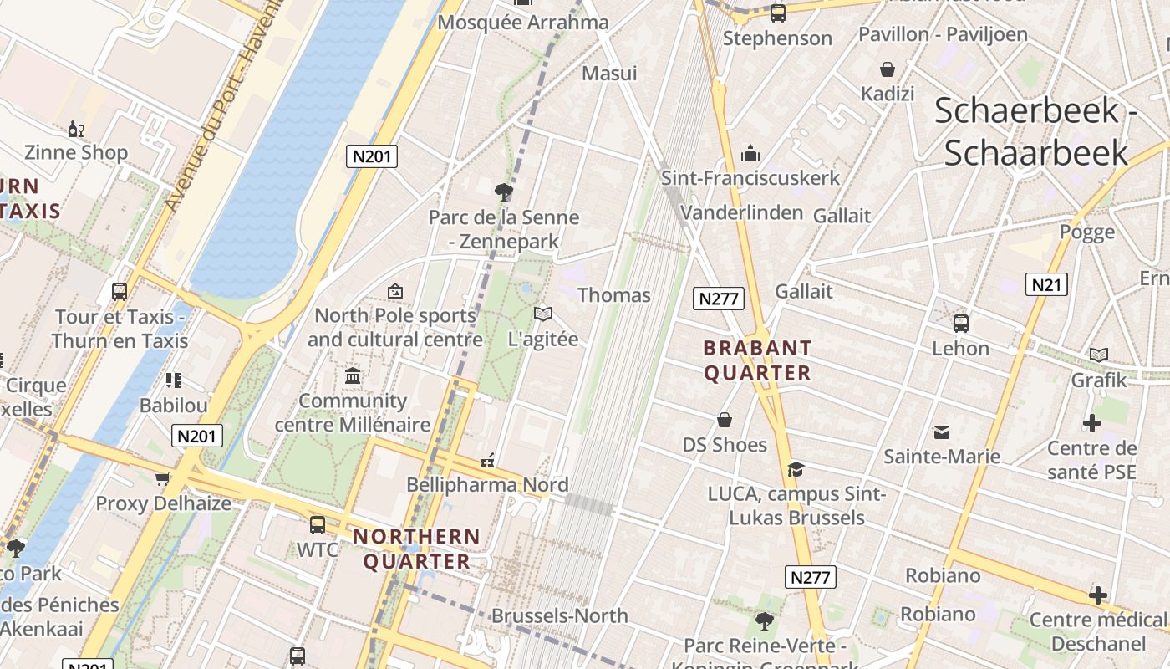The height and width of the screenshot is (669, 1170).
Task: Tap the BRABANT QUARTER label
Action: point(757,360)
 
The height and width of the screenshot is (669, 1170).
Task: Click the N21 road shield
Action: point(1046,284)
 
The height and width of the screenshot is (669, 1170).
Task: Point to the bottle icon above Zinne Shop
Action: point(75,129)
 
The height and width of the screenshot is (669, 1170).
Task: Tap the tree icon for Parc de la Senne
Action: point(503,192)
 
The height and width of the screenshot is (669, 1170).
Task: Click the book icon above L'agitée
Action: point(543,314)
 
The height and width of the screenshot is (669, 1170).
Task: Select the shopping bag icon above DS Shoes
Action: point(725,419)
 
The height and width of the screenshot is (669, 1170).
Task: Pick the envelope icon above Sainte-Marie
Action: point(942,432)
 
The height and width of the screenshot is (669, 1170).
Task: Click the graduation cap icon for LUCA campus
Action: point(796,469)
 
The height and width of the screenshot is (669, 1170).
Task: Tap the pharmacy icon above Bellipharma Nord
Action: point(487,461)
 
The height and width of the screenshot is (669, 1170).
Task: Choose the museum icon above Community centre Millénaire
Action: point(353,376)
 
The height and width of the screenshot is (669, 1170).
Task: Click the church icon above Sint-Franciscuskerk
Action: point(750,153)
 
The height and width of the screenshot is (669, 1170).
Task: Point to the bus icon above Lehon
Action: point(960,323)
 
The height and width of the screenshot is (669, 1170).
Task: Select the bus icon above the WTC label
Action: point(318,525)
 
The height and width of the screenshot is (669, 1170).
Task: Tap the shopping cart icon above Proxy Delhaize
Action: point(163,478)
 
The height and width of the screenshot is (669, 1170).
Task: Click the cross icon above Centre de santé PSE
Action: point(1091,423)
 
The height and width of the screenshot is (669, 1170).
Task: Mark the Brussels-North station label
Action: point(559,615)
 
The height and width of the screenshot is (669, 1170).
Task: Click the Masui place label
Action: point(609,73)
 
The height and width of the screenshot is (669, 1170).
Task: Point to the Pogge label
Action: point(1086,232)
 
